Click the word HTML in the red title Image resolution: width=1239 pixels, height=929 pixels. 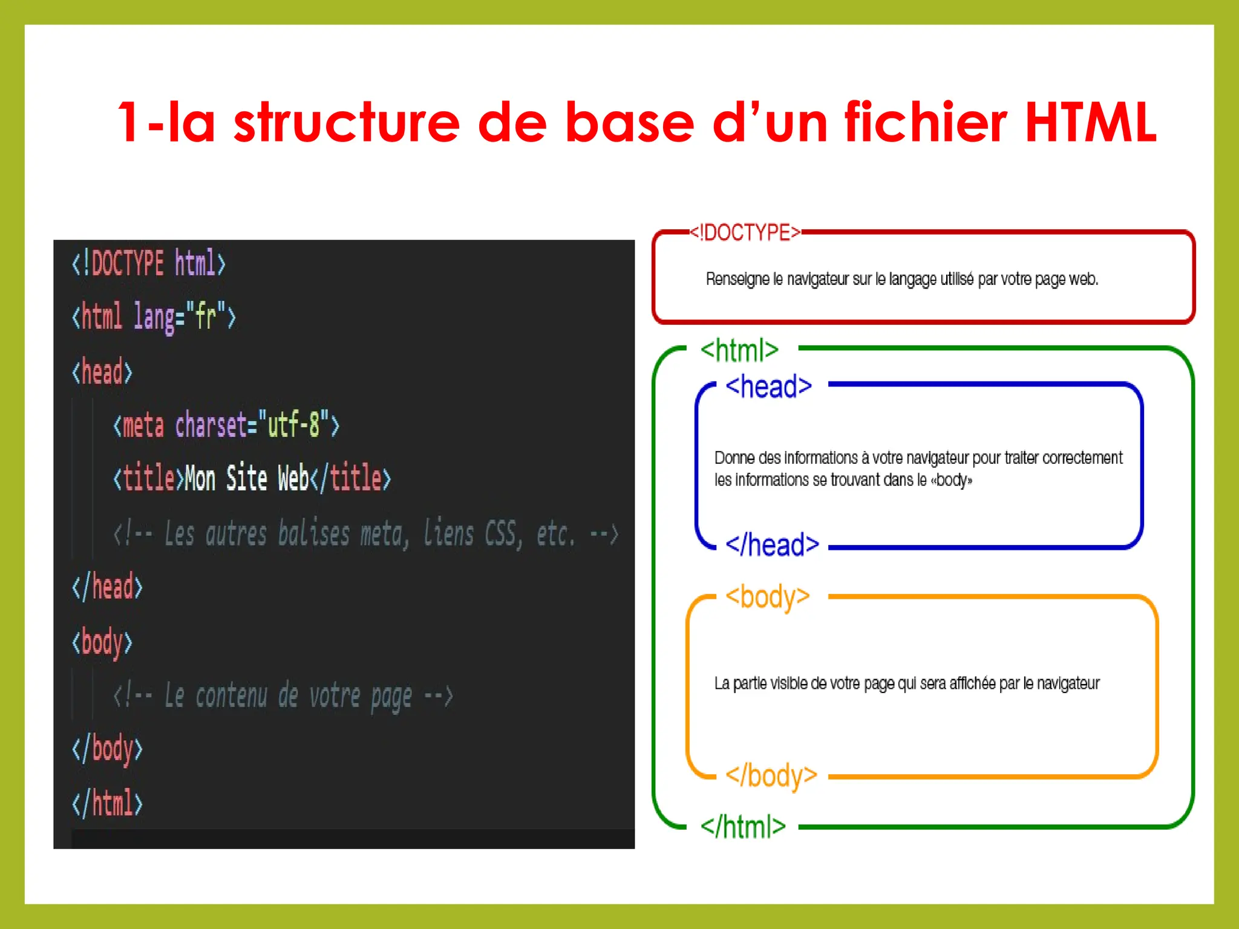(x=1090, y=122)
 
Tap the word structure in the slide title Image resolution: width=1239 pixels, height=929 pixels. (x=347, y=122)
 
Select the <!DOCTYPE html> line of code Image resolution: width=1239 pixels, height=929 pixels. (x=149, y=264)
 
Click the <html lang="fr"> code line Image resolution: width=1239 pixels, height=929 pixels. (x=154, y=316)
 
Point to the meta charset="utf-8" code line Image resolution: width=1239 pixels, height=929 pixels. (x=226, y=425)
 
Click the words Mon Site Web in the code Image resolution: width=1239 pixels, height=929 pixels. (x=247, y=478)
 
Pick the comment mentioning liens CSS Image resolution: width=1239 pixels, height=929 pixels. (x=365, y=534)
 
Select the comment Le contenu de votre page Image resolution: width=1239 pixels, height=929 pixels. (x=283, y=696)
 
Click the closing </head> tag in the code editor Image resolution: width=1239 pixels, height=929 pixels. (x=107, y=587)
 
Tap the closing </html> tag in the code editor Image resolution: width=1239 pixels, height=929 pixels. (x=107, y=803)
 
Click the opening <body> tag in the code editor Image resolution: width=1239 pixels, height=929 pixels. (x=102, y=642)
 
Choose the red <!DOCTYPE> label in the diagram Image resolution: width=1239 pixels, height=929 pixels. (x=745, y=232)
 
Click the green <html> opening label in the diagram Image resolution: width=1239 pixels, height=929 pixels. (x=739, y=350)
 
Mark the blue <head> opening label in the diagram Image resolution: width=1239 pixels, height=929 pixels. (x=768, y=386)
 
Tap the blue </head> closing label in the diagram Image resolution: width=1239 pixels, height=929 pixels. (x=772, y=545)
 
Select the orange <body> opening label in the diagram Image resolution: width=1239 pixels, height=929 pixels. (x=767, y=597)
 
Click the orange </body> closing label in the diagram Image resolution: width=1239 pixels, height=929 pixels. (x=771, y=775)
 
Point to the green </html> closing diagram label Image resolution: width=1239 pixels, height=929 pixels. (x=743, y=826)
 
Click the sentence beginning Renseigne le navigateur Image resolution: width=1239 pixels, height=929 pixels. (x=901, y=279)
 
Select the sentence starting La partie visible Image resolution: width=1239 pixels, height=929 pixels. (x=906, y=683)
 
